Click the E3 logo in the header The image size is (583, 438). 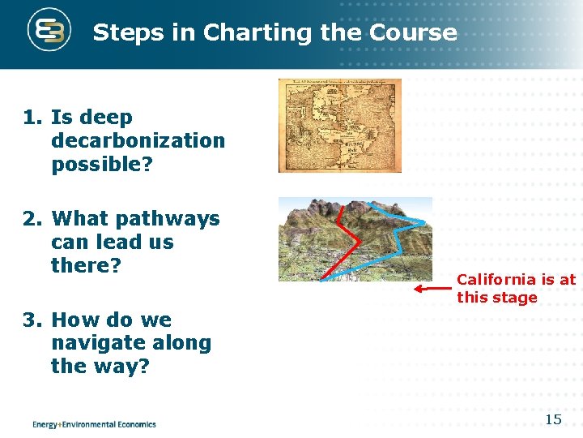click(x=49, y=32)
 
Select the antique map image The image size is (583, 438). click(x=339, y=126)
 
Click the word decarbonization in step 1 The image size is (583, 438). click(x=138, y=140)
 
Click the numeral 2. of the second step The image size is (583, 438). click(x=33, y=219)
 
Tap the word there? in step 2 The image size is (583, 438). click(x=86, y=265)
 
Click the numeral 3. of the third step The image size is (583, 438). click(x=33, y=320)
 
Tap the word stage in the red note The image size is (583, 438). click(x=519, y=298)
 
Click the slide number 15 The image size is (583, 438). click(x=553, y=419)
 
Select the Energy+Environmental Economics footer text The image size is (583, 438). click(x=94, y=423)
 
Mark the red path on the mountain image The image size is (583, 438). click(x=350, y=235)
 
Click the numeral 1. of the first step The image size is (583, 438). click(x=33, y=118)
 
